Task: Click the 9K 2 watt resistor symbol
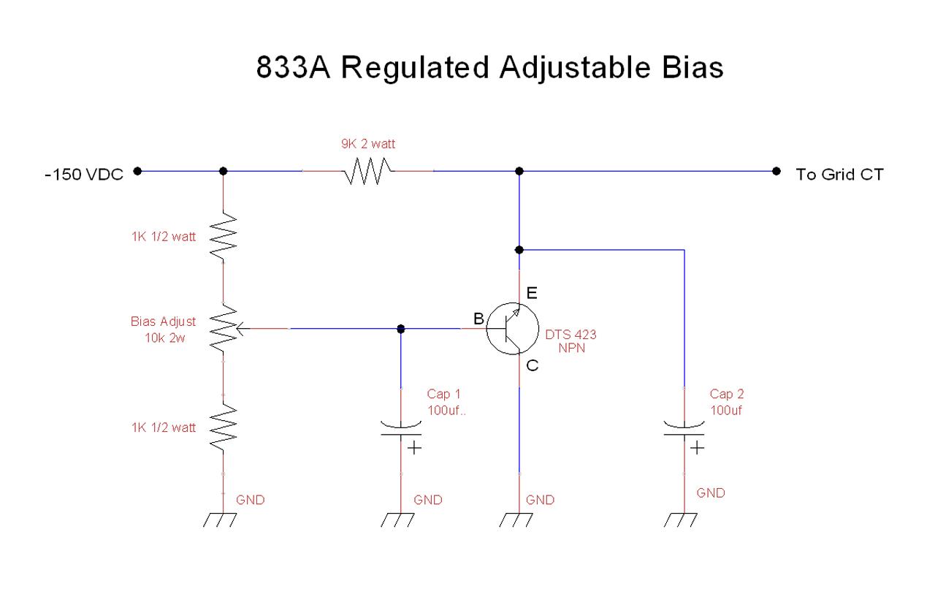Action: point(367,171)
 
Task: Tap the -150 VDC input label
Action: point(84,174)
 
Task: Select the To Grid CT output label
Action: point(839,174)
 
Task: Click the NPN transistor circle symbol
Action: point(513,329)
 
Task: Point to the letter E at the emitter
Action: point(532,293)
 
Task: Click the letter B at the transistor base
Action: point(478,319)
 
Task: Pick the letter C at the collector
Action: point(533,365)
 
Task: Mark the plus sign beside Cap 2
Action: point(697,448)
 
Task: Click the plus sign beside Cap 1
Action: point(414,448)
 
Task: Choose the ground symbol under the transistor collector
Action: point(516,520)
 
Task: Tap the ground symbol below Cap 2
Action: point(680,520)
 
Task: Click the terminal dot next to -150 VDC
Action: point(137,171)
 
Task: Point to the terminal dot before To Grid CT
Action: point(776,171)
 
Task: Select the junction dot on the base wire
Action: point(401,329)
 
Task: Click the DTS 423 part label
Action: point(570,335)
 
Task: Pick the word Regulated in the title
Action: point(415,68)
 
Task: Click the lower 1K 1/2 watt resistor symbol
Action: point(224,427)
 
